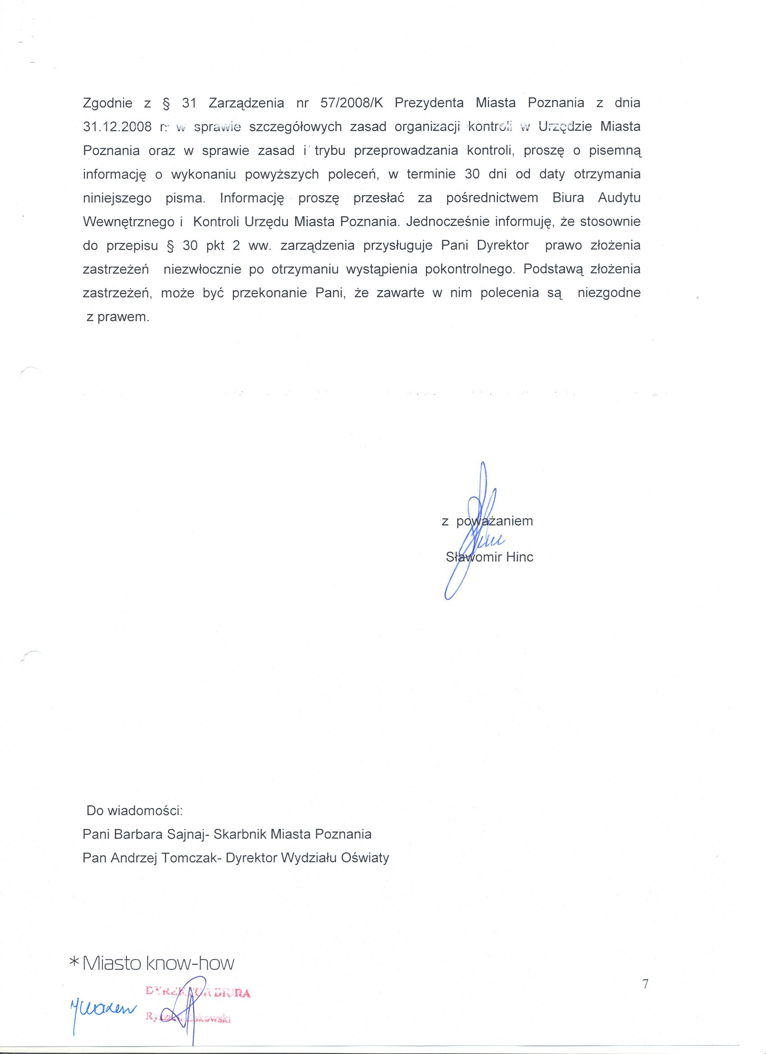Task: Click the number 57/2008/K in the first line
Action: point(351,103)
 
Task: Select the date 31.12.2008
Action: point(117,127)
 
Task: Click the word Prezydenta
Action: point(430,103)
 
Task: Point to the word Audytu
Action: point(619,198)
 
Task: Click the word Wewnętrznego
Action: point(128,222)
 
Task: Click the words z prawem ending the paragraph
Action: point(118,318)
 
